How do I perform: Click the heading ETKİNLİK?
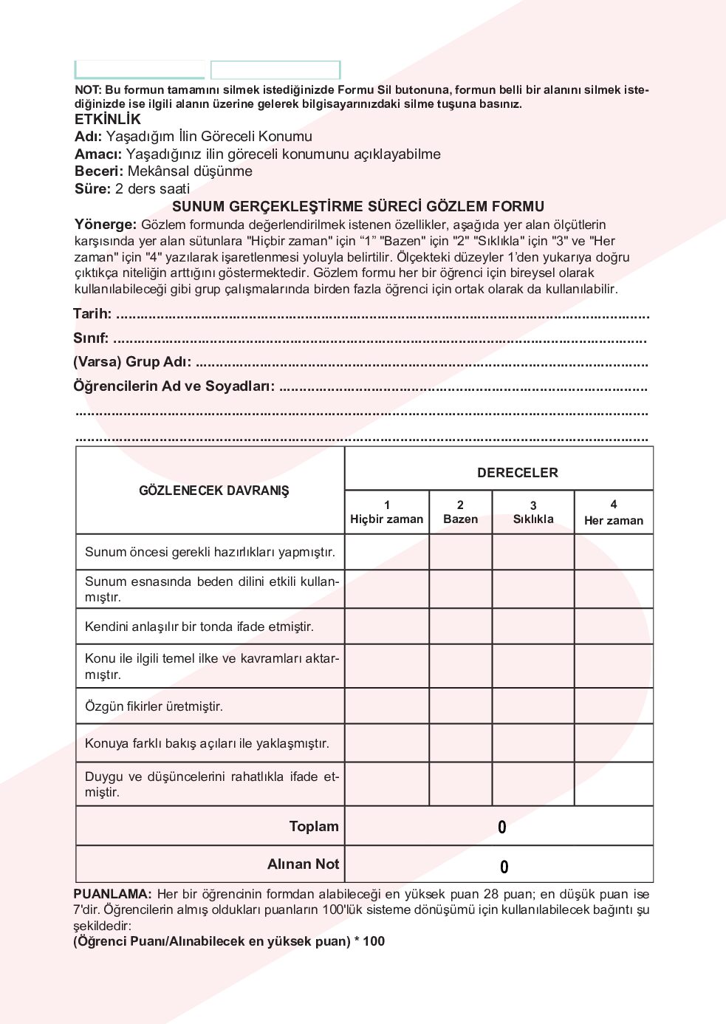click(107, 120)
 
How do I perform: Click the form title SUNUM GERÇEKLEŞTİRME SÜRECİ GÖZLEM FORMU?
click(358, 207)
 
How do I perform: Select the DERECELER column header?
click(517, 473)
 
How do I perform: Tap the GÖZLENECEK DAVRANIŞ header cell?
click(213, 491)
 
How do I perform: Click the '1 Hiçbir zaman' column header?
click(386, 512)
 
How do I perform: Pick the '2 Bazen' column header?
click(460, 512)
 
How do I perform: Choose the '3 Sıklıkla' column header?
click(533, 512)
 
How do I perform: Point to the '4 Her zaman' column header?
click(613, 513)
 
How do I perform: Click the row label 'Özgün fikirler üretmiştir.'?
click(154, 706)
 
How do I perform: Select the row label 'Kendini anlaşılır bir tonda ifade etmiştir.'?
click(199, 627)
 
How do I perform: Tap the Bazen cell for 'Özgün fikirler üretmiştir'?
click(460, 706)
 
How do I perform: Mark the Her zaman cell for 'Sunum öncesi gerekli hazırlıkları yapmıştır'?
click(613, 552)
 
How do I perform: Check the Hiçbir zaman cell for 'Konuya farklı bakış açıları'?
click(386, 743)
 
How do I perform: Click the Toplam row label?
click(314, 827)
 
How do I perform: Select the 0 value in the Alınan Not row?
click(504, 867)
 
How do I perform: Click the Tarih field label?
click(92, 314)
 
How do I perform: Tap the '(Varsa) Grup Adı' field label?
click(132, 362)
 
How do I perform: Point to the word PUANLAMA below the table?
click(112, 894)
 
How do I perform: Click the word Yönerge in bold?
click(105, 225)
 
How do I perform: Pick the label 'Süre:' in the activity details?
click(92, 189)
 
